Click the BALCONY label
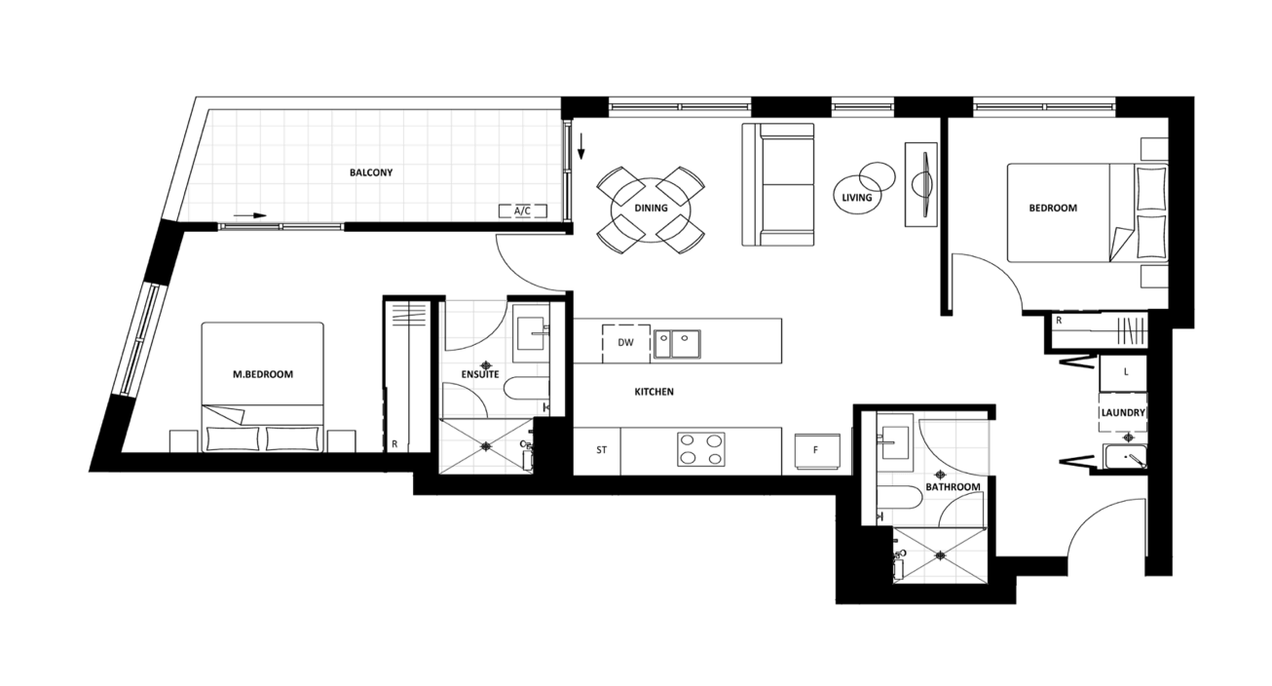tap(371, 172)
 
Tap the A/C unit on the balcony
tap(522, 211)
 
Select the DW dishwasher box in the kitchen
tap(626, 343)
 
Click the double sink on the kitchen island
tap(677, 344)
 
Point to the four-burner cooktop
tap(700, 449)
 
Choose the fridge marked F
tap(816, 451)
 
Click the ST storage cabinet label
tap(601, 450)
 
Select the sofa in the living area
tap(778, 185)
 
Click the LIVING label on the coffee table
tap(856, 197)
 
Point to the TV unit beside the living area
tap(920, 185)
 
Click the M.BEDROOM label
tap(263, 374)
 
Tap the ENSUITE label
tap(480, 374)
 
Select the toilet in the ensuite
tap(526, 388)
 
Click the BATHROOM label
tap(953, 487)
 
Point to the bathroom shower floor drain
tap(941, 555)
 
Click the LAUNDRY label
tap(1123, 412)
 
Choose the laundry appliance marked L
tap(1123, 373)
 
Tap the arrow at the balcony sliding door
tap(250, 215)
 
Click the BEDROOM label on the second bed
tap(1053, 208)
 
